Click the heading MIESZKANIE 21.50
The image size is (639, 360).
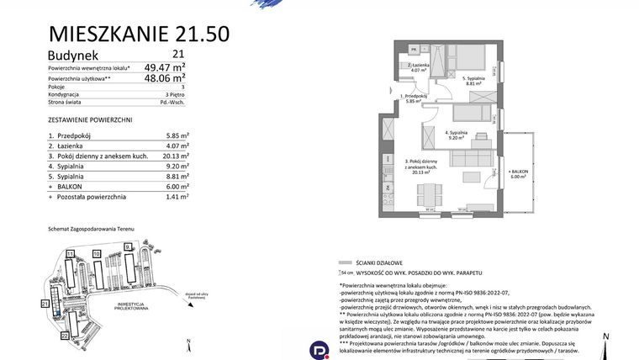139,34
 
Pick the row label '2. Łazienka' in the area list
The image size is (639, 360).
69,147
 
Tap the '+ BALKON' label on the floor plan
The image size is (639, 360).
516,172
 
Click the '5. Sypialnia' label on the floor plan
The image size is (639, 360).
473,78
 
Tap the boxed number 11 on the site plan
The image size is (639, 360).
71,252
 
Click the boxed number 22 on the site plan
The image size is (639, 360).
65,335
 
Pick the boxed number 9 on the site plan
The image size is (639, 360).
127,246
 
